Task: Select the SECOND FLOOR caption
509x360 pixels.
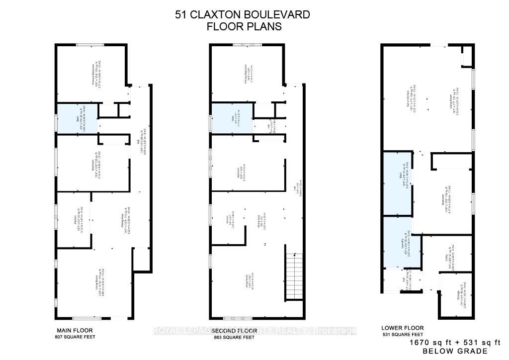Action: click(233, 331)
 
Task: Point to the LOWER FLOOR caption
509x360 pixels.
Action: click(403, 328)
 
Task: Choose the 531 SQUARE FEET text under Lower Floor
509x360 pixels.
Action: click(403, 335)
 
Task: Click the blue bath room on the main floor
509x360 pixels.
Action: click(76, 118)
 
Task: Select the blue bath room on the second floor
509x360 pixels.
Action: click(231, 118)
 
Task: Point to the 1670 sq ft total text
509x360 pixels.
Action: click(431, 343)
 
